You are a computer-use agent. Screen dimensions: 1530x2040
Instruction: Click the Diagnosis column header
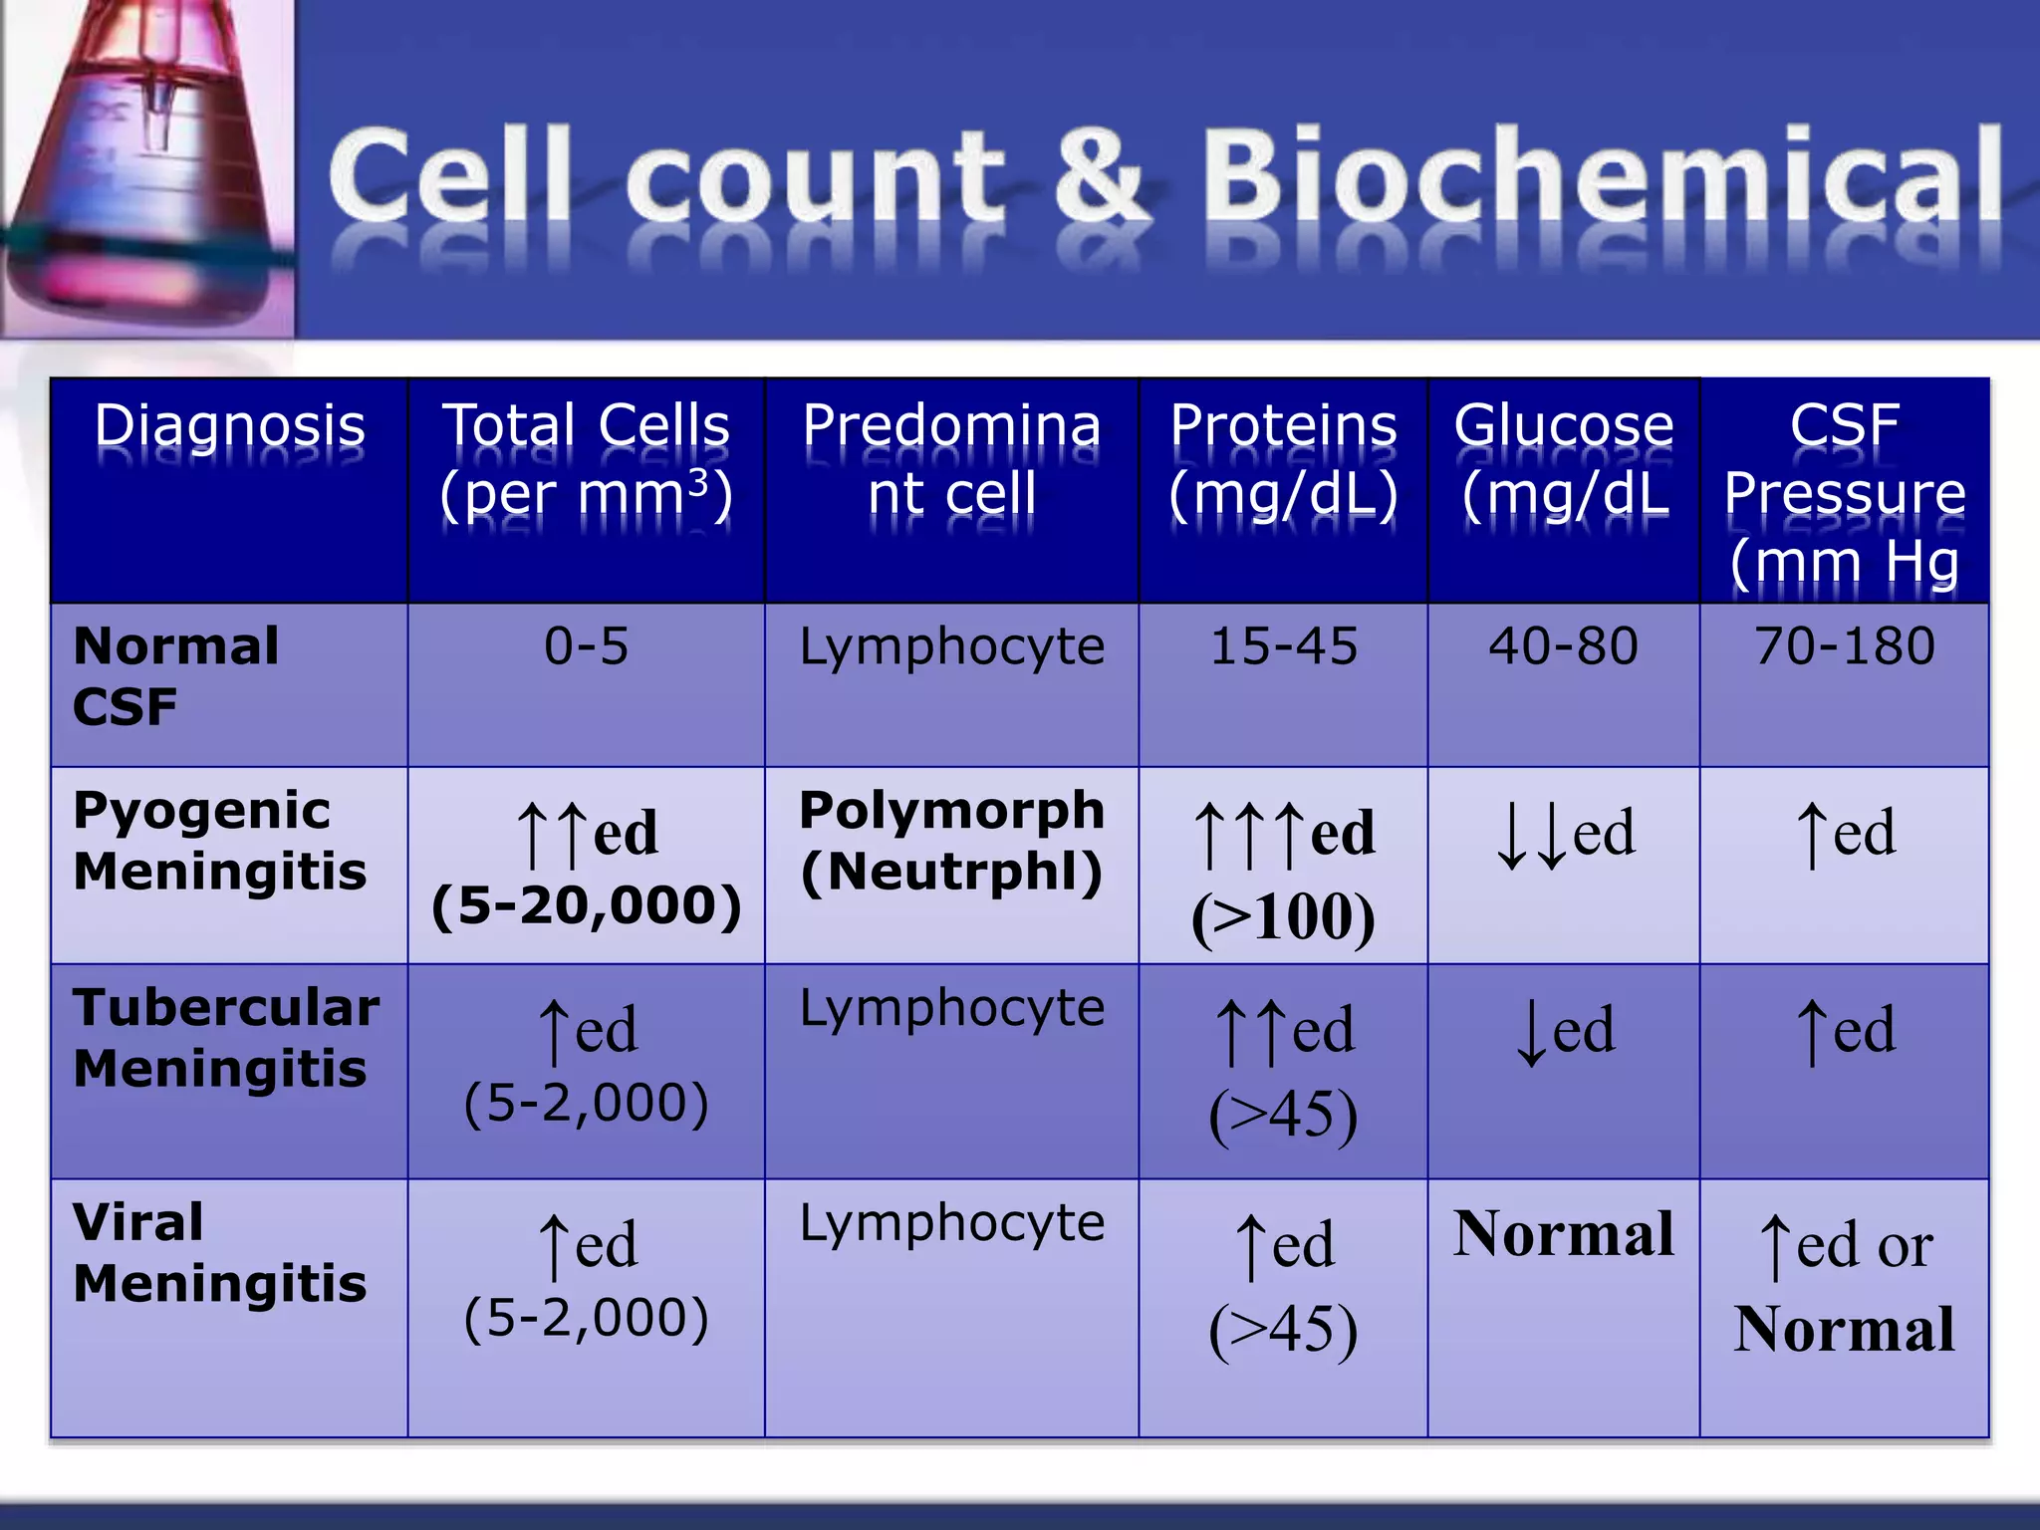(229, 426)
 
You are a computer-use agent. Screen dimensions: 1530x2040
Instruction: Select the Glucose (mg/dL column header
(1564, 459)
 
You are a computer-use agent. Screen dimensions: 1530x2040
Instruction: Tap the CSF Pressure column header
(1845, 493)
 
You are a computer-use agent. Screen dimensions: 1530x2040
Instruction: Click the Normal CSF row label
(175, 676)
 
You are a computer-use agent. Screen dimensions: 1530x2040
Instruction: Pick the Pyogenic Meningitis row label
(220, 841)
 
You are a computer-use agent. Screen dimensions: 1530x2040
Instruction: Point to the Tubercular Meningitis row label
(226, 1038)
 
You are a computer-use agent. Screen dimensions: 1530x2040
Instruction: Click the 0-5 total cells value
(586, 645)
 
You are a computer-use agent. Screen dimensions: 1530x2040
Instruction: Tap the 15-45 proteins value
(1283, 645)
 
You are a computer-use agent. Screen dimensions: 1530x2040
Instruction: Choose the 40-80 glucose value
(1563, 645)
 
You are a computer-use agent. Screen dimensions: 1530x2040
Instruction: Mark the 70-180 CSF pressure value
(1845, 645)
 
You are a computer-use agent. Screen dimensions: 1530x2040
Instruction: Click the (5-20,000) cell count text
(586, 905)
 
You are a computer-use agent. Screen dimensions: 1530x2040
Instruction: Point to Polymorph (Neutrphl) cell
(951, 841)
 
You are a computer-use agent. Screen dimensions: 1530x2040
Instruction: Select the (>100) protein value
(1283, 916)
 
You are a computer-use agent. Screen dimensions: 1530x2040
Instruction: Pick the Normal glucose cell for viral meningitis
(1563, 1234)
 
